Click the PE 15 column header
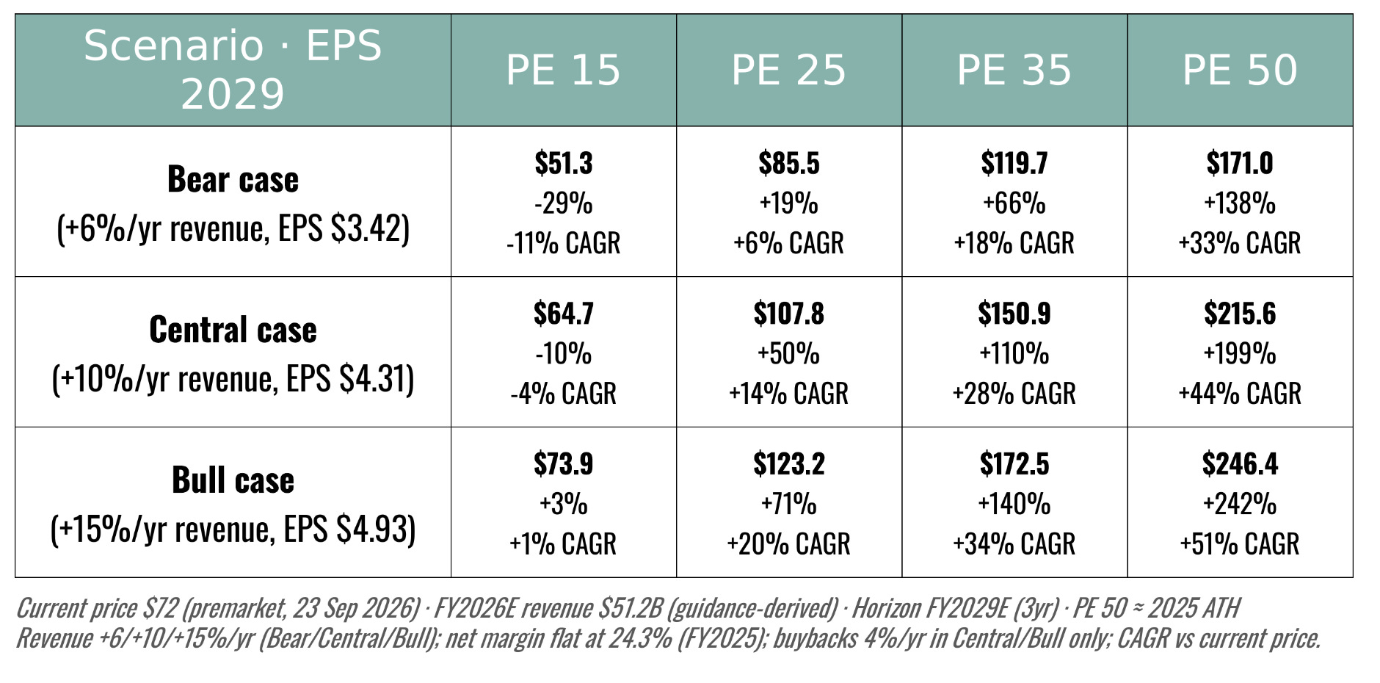(563, 71)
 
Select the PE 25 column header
(788, 71)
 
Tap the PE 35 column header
(1014, 71)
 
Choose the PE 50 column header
(1240, 71)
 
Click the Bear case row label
(233, 179)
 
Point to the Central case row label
(233, 330)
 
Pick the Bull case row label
(233, 480)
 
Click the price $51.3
(563, 163)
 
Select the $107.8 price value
(788, 314)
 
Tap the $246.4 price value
(1240, 464)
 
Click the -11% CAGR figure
(563, 243)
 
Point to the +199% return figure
(1240, 354)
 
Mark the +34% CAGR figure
(1014, 544)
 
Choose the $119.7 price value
(1014, 163)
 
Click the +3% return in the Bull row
(563, 505)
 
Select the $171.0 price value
(1240, 163)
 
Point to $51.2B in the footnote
(631, 609)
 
